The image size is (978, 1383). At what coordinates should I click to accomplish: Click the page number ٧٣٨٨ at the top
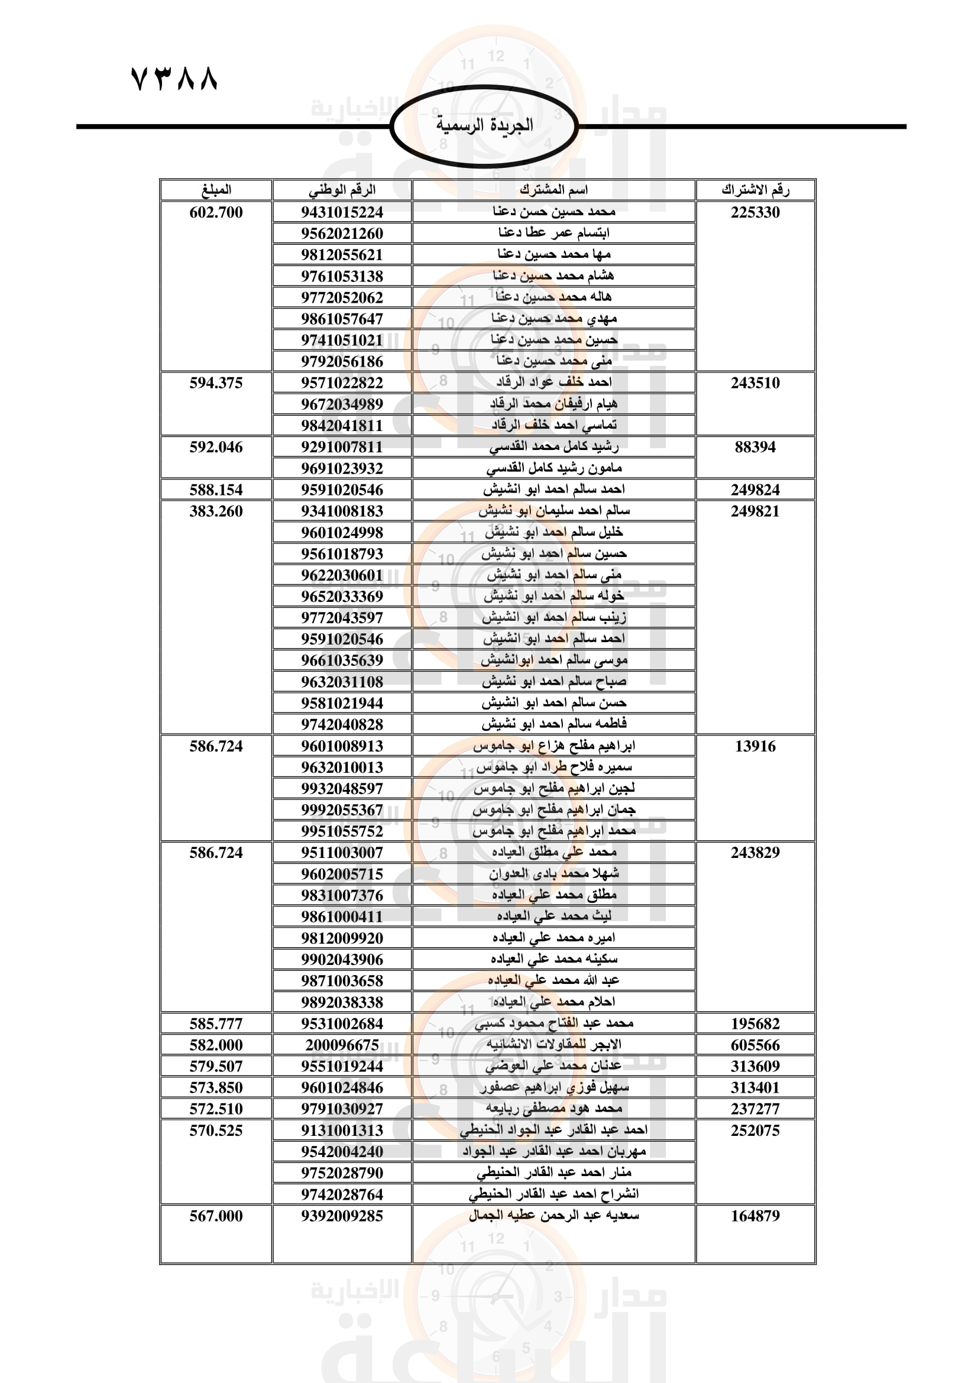[x=174, y=79]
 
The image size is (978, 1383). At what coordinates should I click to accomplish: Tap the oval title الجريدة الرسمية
[x=484, y=125]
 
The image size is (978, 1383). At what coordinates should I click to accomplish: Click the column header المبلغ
[x=216, y=190]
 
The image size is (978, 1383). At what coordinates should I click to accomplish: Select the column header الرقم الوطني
[x=341, y=190]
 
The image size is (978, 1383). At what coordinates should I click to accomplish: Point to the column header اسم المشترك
[x=553, y=190]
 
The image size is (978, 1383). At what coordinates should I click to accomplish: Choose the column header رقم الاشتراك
[x=755, y=190]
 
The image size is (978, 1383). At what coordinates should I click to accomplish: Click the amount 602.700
[x=216, y=212]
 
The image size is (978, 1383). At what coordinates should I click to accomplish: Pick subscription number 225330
[x=755, y=212]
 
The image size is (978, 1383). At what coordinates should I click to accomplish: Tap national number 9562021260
[x=341, y=233]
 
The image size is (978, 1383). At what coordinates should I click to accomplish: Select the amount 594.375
[x=216, y=383]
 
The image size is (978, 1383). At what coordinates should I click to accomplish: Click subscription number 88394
[x=755, y=447]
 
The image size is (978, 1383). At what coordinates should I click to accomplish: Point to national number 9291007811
[x=341, y=447]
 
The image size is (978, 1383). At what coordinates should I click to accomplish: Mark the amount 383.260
[x=216, y=511]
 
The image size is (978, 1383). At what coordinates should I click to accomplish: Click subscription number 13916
[x=755, y=746]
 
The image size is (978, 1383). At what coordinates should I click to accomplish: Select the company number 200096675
[x=341, y=1044]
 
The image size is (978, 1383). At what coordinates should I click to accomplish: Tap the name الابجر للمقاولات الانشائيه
[x=553, y=1044]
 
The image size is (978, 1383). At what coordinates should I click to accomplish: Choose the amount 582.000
[x=216, y=1044]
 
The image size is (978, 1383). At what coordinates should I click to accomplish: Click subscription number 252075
[x=755, y=1130]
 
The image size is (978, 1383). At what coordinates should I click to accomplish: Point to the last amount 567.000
[x=216, y=1216]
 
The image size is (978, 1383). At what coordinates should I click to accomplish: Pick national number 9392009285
[x=341, y=1216]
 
